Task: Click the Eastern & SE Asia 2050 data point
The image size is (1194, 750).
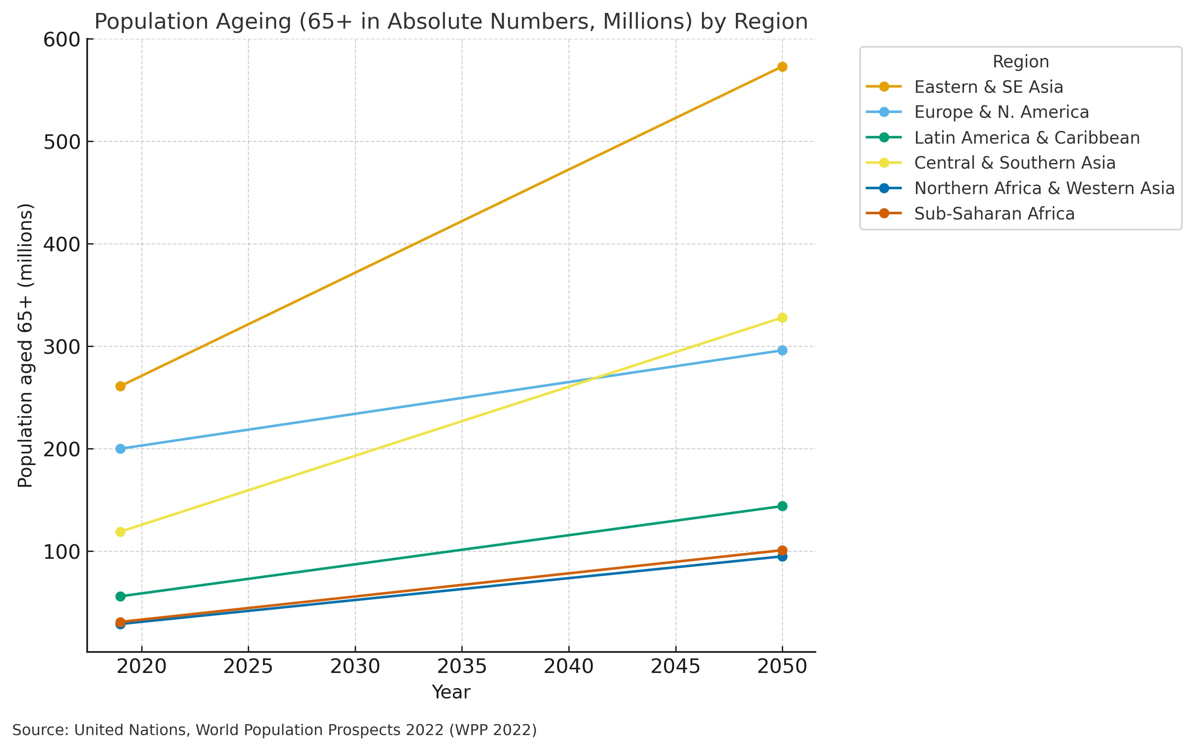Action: [x=782, y=67]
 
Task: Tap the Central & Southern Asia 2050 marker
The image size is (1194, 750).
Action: [x=782, y=318]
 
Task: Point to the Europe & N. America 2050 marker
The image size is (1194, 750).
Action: [x=782, y=351]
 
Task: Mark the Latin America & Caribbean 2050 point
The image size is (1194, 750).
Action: [x=782, y=506]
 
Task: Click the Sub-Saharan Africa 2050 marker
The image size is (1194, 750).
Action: [x=782, y=550]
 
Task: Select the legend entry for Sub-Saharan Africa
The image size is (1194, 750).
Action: [x=994, y=214]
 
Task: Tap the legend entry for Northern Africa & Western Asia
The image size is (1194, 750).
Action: [x=1044, y=188]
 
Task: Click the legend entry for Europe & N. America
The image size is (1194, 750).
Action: [x=1001, y=112]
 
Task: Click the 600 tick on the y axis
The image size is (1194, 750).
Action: [x=62, y=40]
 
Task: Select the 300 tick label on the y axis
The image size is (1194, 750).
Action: [x=62, y=347]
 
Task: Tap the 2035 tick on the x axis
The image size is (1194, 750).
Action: [x=462, y=666]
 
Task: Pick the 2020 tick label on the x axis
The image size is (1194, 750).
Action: [x=142, y=666]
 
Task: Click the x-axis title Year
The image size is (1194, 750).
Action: [x=451, y=692]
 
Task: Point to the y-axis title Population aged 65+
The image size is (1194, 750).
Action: [x=25, y=345]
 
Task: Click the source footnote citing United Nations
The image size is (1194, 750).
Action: [x=274, y=730]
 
